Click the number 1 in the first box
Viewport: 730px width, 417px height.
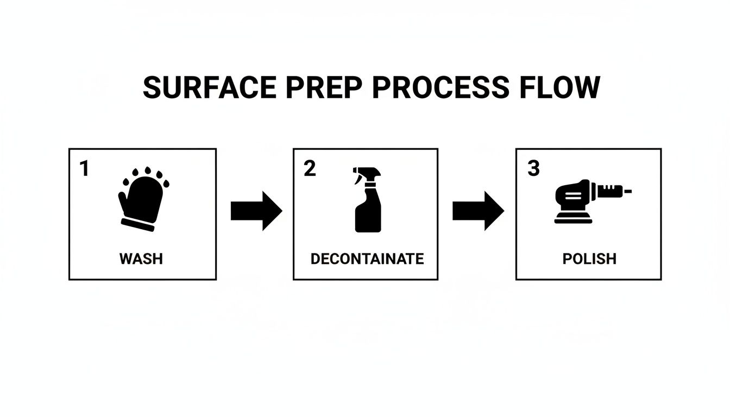point(84,169)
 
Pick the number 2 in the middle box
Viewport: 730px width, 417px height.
point(310,169)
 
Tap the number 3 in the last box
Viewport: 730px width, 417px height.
point(533,169)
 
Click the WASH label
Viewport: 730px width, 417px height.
point(141,258)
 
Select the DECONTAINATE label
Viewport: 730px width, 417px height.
point(367,258)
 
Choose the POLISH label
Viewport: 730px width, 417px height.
point(589,258)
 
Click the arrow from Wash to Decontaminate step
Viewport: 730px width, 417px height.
point(256,211)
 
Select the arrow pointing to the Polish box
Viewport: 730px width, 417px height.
point(477,211)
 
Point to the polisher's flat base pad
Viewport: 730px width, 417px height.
point(574,219)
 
